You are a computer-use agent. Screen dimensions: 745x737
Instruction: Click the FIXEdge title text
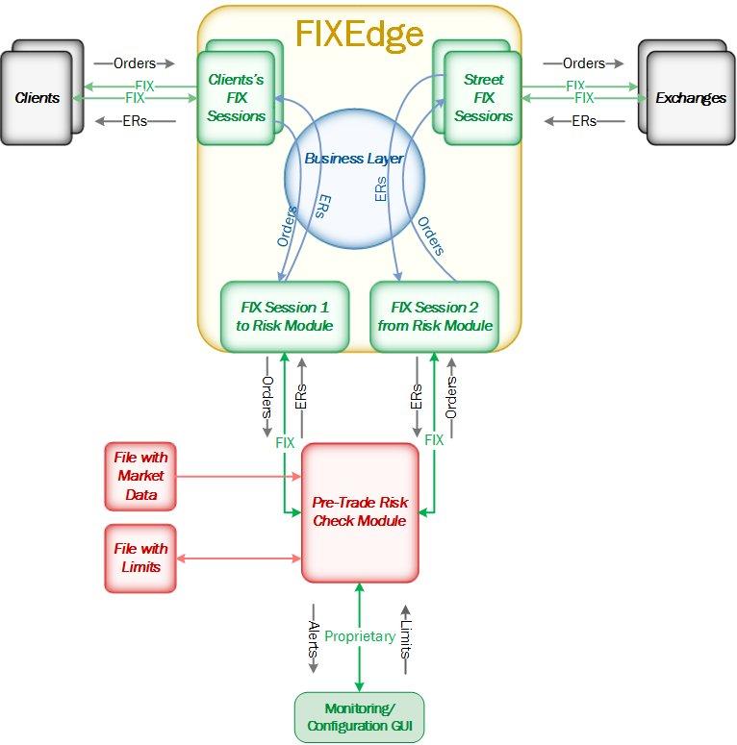[x=359, y=34]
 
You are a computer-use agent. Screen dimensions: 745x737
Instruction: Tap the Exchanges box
[x=690, y=98]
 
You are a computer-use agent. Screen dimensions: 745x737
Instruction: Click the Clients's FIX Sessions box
[x=236, y=98]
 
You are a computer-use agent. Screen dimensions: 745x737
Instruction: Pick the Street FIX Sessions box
[x=483, y=98]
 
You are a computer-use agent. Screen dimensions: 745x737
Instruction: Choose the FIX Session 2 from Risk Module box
[x=435, y=316]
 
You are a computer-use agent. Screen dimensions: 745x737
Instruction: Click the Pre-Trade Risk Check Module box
[x=360, y=511]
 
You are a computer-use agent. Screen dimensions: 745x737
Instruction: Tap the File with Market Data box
[x=140, y=476]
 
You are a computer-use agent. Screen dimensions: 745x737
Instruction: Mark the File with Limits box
[x=140, y=558]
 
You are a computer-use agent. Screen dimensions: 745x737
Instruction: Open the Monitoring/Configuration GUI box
[x=359, y=717]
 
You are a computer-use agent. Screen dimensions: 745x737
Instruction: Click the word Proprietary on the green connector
[x=360, y=636]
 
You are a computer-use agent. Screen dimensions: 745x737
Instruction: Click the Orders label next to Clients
[x=135, y=63]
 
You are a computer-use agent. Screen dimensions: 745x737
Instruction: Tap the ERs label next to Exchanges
[x=583, y=121]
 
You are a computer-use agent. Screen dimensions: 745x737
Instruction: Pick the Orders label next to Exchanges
[x=583, y=63]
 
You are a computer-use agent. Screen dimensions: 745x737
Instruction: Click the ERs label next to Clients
[x=135, y=121]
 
